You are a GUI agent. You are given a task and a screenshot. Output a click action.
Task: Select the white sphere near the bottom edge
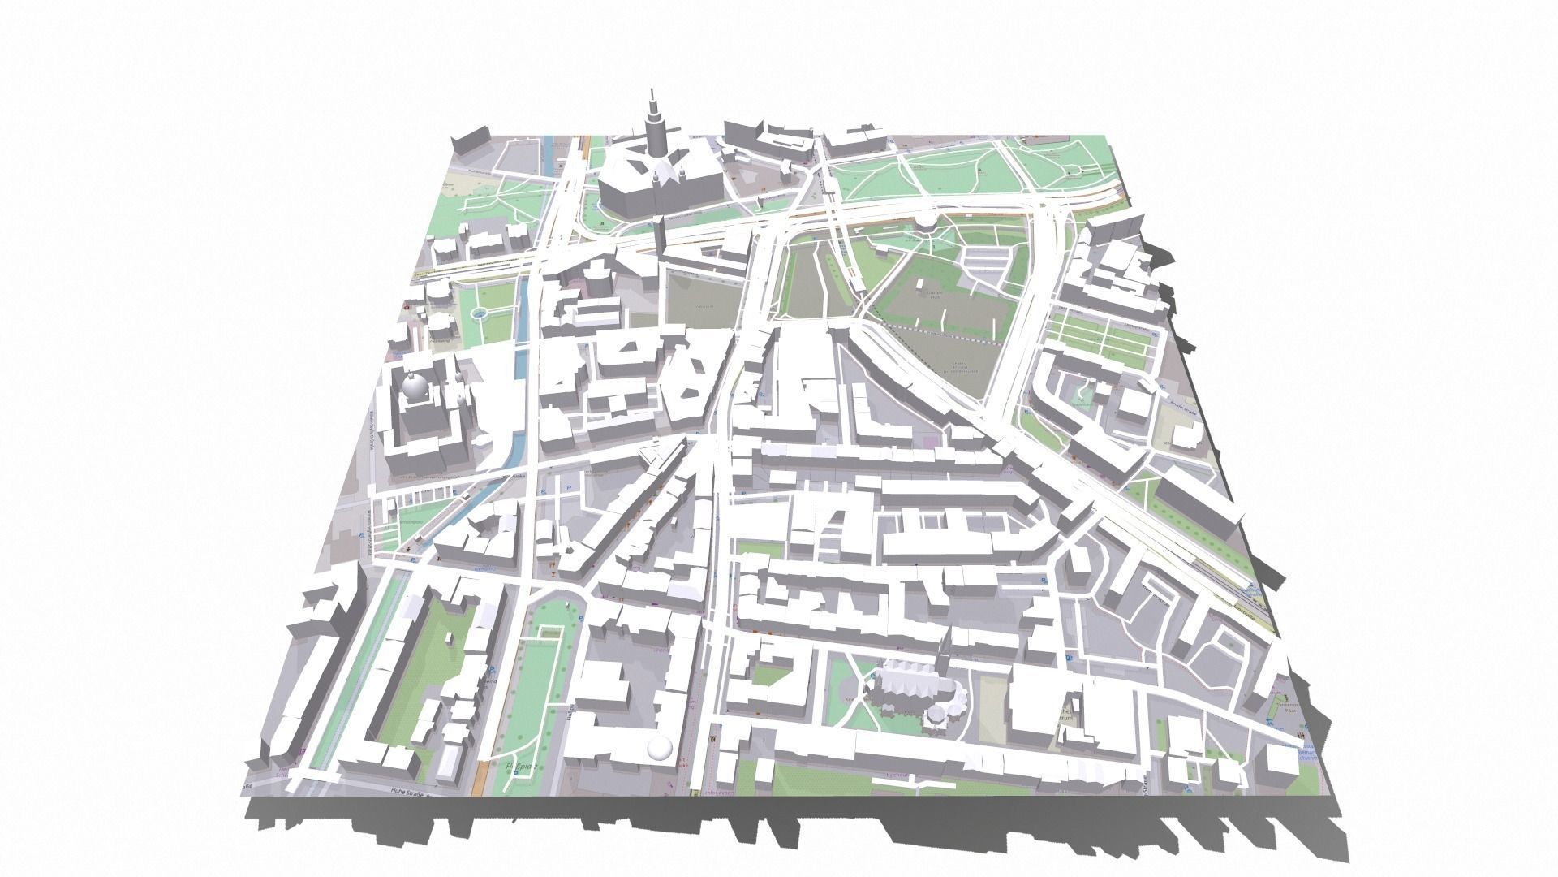coord(661,750)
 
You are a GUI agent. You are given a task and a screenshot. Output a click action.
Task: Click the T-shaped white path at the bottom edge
coord(913,784)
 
